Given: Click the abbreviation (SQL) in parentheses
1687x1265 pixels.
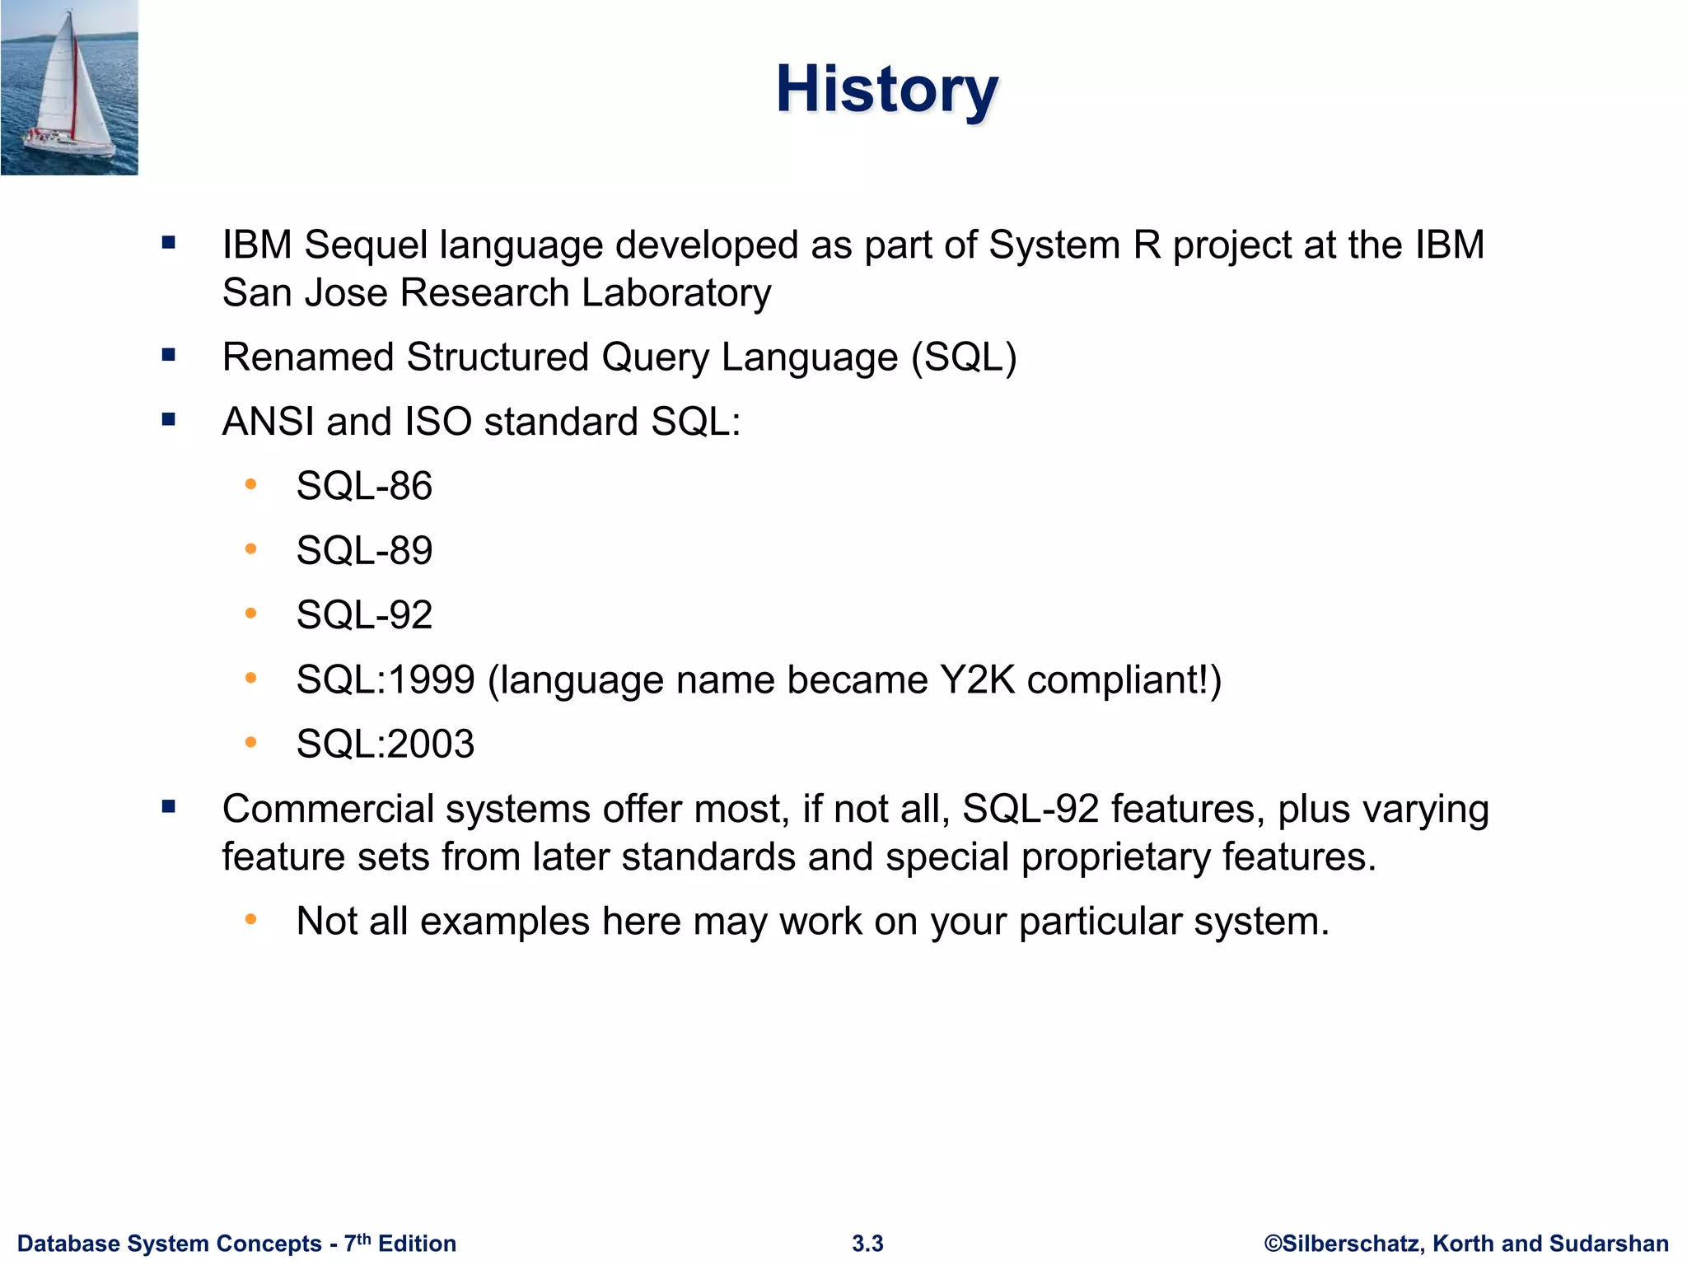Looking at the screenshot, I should pos(964,357).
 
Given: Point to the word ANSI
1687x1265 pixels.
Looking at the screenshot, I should pos(269,422).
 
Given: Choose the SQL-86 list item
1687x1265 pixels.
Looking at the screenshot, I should pos(364,486).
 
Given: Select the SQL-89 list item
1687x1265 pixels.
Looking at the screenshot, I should pos(364,550).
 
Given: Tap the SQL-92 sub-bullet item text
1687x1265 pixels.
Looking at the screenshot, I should pos(364,615).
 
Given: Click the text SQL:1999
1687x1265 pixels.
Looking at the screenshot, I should pos(386,680).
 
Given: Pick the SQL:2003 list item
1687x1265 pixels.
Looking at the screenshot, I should pos(386,745).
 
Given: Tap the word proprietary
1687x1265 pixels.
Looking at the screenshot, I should pos(1115,857).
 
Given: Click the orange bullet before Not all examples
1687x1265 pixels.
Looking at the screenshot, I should pos(251,918).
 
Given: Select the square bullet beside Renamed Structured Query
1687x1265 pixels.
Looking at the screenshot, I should pos(169,356).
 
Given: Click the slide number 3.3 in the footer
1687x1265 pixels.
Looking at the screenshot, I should pos(867,1244).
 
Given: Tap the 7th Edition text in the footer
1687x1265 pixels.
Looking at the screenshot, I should pos(400,1244).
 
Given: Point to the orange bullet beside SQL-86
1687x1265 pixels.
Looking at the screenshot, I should pos(251,484).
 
